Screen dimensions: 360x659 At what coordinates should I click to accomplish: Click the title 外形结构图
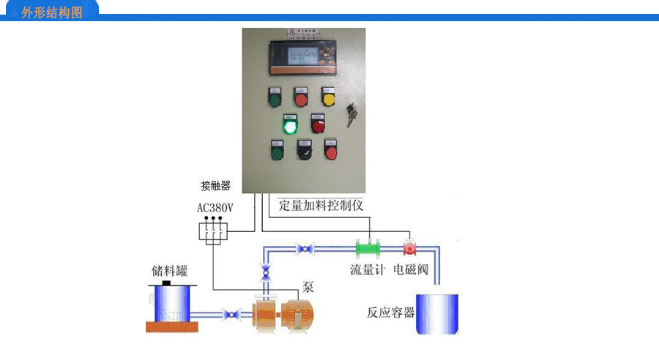point(52,12)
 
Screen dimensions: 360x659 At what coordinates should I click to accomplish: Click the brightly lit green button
point(290,125)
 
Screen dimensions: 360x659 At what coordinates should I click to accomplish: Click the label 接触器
point(216,186)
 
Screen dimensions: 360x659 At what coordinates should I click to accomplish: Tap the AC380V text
point(215,208)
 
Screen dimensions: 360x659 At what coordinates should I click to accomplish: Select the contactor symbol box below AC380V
point(214,231)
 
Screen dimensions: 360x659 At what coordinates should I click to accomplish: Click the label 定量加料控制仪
point(321,205)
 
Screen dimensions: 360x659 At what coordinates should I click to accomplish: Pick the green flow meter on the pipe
point(371,248)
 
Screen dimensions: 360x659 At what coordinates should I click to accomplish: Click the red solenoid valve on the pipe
point(409,247)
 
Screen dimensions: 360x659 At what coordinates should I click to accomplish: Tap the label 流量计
point(367,270)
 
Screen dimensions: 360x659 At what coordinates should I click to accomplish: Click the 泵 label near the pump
point(308,288)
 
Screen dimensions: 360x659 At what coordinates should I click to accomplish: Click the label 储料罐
point(169,271)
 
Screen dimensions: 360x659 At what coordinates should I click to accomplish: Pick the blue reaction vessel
point(437,313)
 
